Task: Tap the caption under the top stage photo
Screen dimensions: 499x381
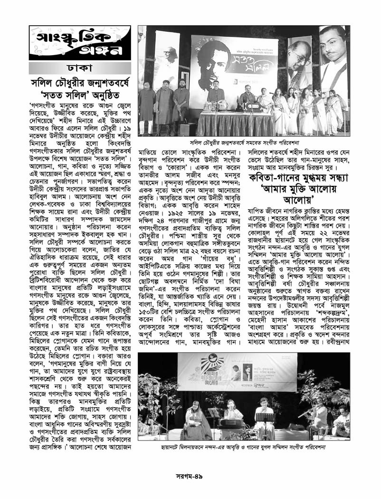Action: [x=244, y=142]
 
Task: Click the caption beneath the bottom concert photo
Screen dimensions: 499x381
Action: [x=243, y=447]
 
